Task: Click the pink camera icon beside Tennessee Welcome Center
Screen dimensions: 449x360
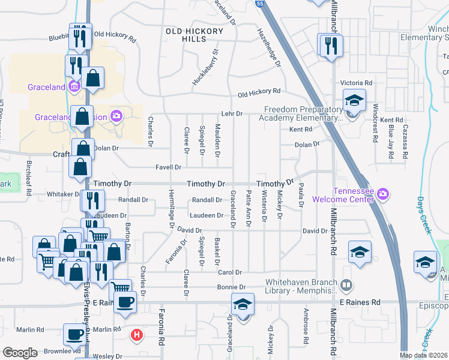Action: (384, 194)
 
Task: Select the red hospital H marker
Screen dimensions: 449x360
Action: (137, 334)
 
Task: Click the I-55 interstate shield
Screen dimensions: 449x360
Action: (259, 3)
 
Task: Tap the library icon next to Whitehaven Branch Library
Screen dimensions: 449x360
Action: (346, 284)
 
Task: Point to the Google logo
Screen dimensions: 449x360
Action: (20, 353)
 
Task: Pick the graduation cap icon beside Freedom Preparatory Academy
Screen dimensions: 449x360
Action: (354, 100)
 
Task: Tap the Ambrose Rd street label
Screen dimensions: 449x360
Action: (306, 320)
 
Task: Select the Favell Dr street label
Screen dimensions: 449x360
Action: (169, 167)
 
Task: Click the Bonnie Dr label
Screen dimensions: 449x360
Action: (229, 289)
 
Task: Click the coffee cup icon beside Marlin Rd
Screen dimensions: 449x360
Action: (74, 334)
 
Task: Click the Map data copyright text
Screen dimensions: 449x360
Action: (423, 355)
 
